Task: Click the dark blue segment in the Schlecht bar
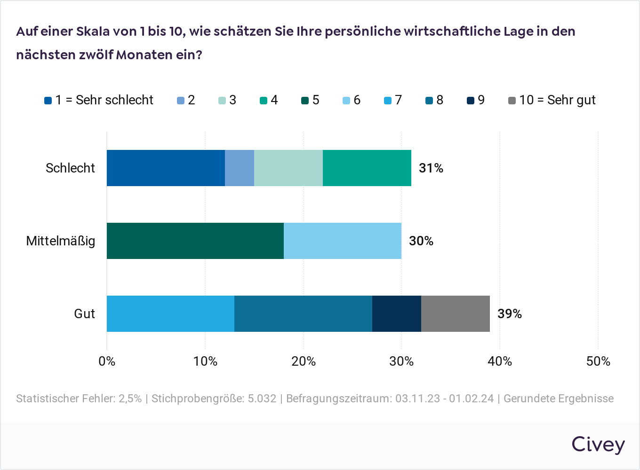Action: (x=166, y=168)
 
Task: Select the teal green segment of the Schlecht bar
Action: (x=367, y=168)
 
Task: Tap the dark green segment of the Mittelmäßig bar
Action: (x=195, y=241)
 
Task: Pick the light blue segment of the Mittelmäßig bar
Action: (x=342, y=241)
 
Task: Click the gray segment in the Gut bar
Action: (x=455, y=313)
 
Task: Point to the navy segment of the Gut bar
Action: (x=396, y=313)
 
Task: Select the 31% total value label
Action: (x=431, y=168)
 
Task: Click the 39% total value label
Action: (x=509, y=314)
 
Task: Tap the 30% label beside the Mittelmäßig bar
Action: (x=421, y=241)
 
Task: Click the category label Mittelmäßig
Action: (x=60, y=241)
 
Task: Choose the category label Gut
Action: (x=84, y=314)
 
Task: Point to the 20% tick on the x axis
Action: (x=303, y=361)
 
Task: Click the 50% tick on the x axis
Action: (x=598, y=361)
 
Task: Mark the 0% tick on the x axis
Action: (x=107, y=361)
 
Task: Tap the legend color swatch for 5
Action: (x=305, y=101)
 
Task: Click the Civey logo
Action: (x=598, y=444)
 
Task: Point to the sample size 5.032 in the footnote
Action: (x=262, y=399)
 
